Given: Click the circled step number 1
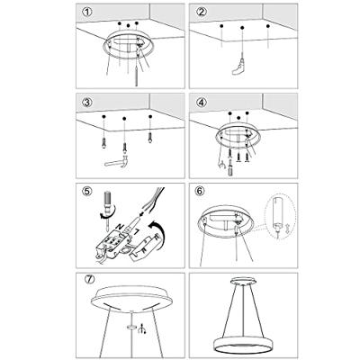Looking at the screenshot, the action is pos(87,13).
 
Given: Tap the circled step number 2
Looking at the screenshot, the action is pos(202,13).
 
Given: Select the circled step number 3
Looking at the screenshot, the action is pos(87,103).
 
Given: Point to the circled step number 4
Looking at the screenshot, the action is pos(202,103).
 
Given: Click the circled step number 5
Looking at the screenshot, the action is pos(87,192).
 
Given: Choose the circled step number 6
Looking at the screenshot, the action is pos(202,192).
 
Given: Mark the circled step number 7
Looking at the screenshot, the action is pos(90,279).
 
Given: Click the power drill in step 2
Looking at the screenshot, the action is pos(239,66).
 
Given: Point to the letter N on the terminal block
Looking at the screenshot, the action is pos(120,226).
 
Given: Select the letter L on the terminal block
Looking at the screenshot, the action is pos(136,232).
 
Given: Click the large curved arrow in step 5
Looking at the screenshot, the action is pos(158,232).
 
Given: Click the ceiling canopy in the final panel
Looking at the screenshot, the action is pos(243,281).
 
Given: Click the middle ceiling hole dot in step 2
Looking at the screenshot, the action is pos(242,28).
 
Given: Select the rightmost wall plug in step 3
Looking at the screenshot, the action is pos(149,138).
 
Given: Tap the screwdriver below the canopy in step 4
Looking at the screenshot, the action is pos(230,169).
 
